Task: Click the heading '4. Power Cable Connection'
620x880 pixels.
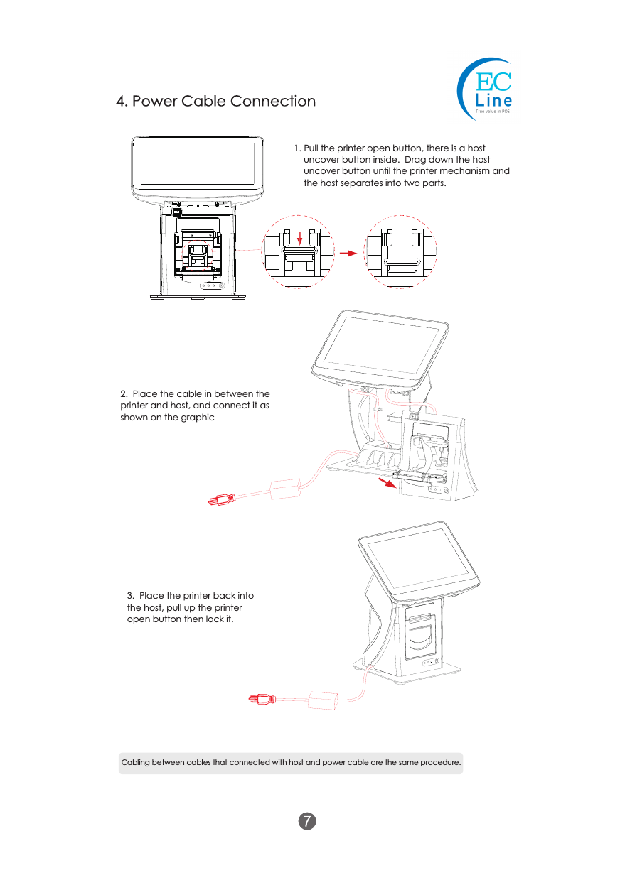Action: pos(216,101)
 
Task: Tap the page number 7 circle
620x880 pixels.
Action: pos(306,821)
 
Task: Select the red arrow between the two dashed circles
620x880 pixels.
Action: pos(347,252)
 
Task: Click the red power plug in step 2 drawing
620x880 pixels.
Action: pos(220,500)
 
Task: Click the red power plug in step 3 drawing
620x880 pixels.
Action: pos(262,700)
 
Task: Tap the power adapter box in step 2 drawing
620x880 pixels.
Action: pos(287,488)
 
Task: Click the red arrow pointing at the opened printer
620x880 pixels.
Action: pos(387,484)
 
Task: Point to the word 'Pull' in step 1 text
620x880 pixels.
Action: pos(312,148)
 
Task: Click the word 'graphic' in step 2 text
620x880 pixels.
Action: pos(199,417)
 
